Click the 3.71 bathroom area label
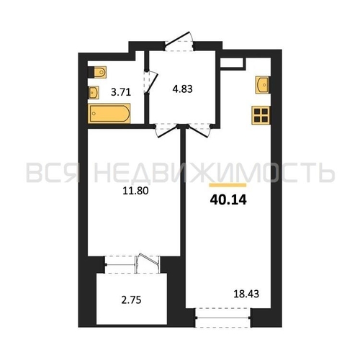click(x=121, y=92)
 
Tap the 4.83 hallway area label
click(x=182, y=89)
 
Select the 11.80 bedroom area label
click(x=135, y=191)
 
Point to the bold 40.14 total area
click(x=228, y=200)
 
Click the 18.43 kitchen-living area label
click(x=246, y=294)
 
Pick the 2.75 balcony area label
click(x=131, y=300)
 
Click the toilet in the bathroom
click(x=97, y=72)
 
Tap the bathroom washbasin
click(x=94, y=93)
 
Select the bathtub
click(x=109, y=114)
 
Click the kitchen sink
click(x=262, y=85)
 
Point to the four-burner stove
click(x=261, y=115)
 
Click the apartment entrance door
click(x=179, y=41)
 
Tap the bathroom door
click(x=150, y=81)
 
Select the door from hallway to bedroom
click(x=167, y=131)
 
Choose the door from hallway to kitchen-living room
click(x=199, y=131)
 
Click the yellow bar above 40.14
click(x=228, y=185)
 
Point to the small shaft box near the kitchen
click(x=233, y=63)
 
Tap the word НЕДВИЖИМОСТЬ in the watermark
click(x=214, y=172)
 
